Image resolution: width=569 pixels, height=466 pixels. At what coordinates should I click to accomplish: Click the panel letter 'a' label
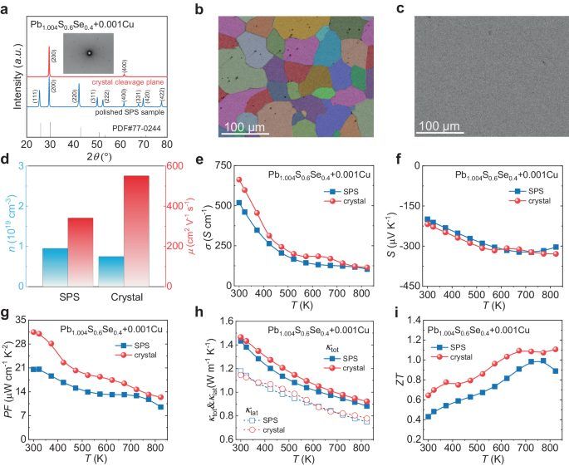[7, 9]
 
